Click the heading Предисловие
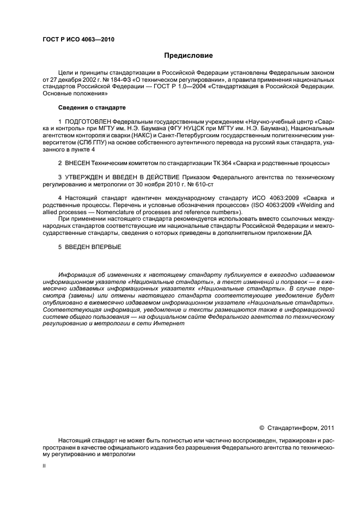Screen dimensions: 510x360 188,56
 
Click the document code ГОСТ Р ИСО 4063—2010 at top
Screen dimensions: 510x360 78,39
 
